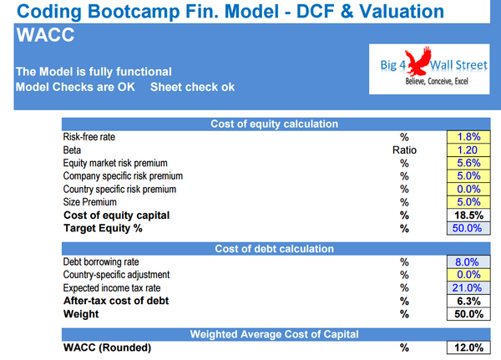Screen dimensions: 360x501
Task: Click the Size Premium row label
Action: click(x=89, y=202)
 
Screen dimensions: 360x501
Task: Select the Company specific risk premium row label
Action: click(x=123, y=176)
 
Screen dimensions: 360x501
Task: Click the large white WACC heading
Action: click(x=44, y=36)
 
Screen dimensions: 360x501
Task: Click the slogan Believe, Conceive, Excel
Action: click(x=431, y=84)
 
